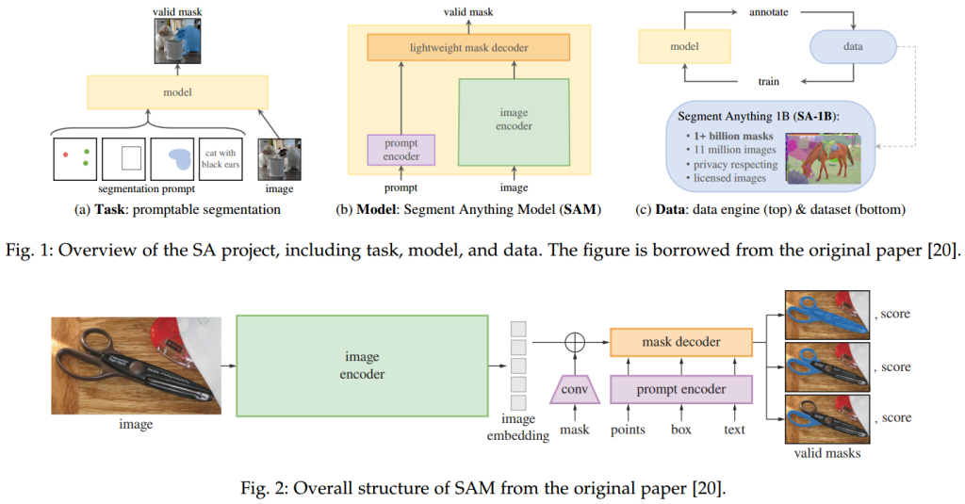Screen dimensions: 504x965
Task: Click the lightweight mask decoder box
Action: coord(468,46)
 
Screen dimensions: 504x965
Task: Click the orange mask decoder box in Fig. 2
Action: coord(681,343)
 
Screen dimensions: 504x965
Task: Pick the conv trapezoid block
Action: coord(574,389)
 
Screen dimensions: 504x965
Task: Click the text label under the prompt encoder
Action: coord(734,430)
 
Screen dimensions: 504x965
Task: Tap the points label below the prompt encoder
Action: coord(628,430)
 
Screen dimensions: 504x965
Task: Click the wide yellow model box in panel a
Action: coord(177,92)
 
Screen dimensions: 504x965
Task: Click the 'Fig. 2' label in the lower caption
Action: coord(315,488)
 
